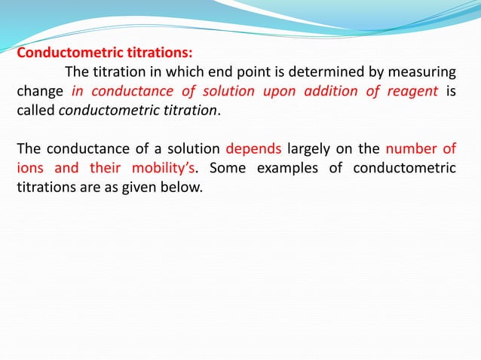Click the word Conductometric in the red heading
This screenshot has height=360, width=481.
(x=63, y=53)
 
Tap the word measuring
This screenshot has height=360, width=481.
(x=427, y=73)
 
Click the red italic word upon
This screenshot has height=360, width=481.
(x=279, y=92)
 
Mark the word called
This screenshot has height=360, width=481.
(x=35, y=111)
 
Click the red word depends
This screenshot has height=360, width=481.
(x=253, y=148)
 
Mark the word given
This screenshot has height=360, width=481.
(x=142, y=186)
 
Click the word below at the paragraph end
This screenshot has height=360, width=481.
(x=184, y=186)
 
